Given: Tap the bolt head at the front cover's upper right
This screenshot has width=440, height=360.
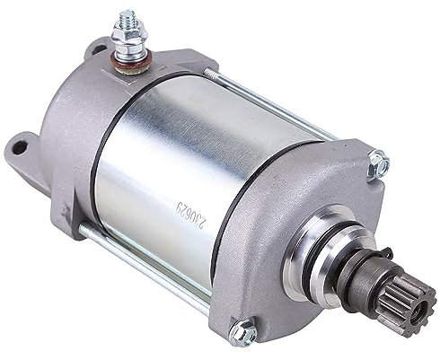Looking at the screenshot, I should coord(377,162).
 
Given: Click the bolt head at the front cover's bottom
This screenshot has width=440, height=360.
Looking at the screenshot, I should coord(243,332).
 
